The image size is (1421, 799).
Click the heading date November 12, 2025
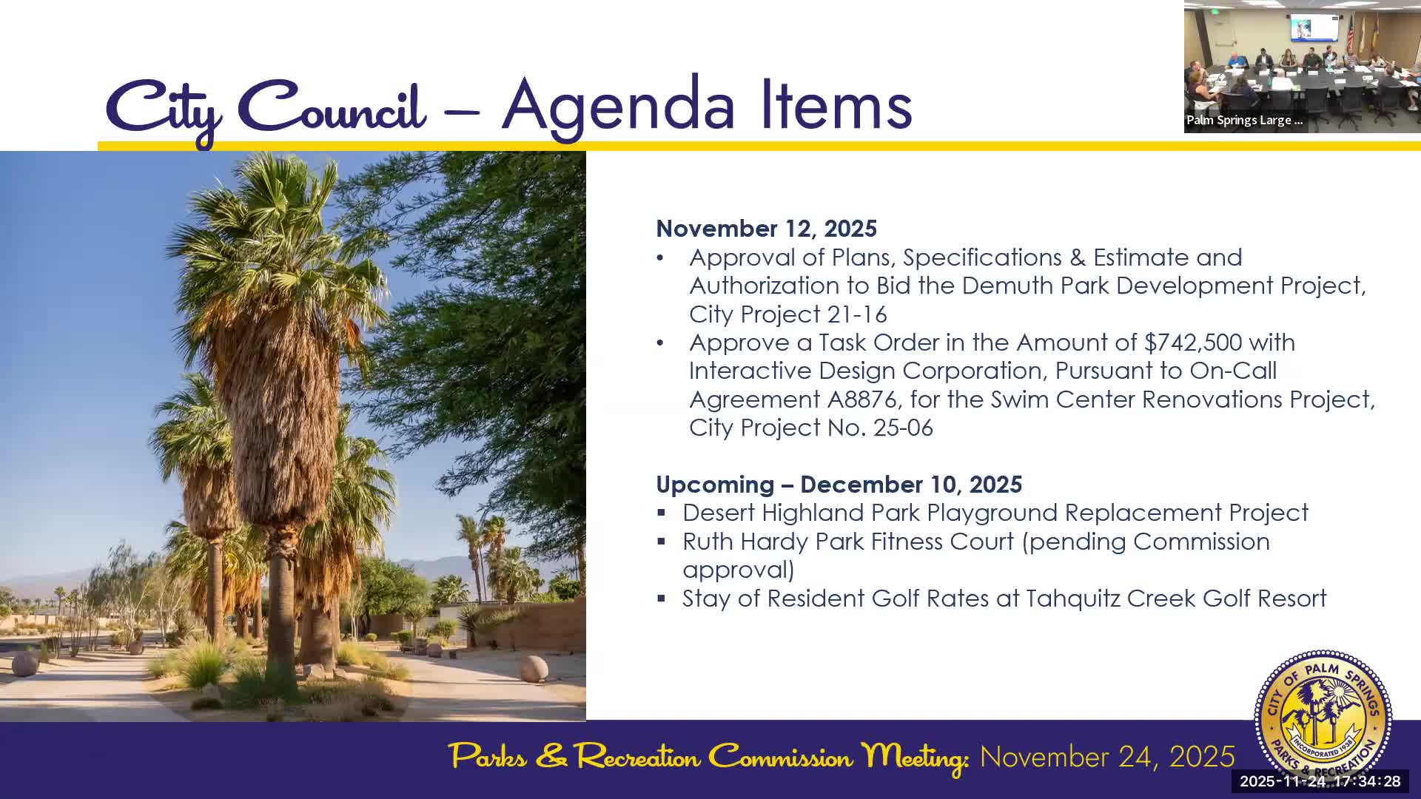[x=766, y=229]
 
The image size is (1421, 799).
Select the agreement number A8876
[x=861, y=399]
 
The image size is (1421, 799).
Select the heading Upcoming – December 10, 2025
[x=839, y=485]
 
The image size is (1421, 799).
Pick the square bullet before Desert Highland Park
[x=662, y=513]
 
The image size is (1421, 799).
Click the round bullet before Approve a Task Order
[x=660, y=343]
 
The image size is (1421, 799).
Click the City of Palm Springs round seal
[x=1323, y=714]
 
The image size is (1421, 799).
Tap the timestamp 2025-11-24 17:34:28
[x=1320, y=781]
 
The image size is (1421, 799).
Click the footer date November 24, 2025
[x=1106, y=757]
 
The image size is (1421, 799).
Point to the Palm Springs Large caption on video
[x=1243, y=120]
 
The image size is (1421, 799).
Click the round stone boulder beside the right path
[x=534, y=668]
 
